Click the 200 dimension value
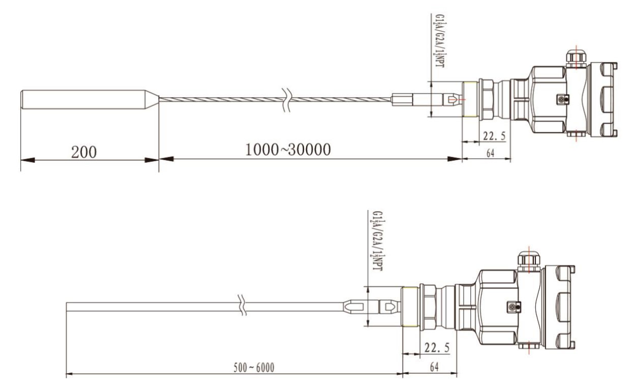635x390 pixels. (x=84, y=152)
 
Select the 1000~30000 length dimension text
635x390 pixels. (x=288, y=149)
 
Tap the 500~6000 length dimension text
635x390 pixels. (x=254, y=368)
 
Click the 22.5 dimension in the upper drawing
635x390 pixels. (x=494, y=136)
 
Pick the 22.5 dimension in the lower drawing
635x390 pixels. (x=437, y=347)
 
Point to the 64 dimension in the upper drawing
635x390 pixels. (x=491, y=154)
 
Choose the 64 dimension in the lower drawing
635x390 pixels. (x=434, y=367)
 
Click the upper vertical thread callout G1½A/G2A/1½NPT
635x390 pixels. (x=440, y=41)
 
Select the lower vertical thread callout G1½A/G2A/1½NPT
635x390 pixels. (x=378, y=241)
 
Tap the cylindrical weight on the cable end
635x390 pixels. (x=90, y=100)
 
